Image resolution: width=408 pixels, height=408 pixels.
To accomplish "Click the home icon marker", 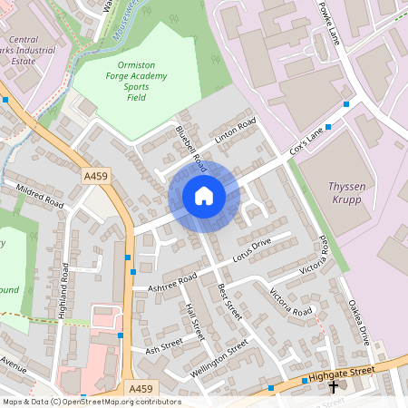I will point(204,195).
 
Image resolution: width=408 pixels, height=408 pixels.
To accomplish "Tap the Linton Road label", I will point(235,132).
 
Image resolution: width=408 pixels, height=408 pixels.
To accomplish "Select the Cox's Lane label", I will point(306,141).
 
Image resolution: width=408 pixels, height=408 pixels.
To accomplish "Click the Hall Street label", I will point(193,322).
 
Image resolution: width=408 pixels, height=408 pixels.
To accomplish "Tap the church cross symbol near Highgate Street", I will point(334,386).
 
